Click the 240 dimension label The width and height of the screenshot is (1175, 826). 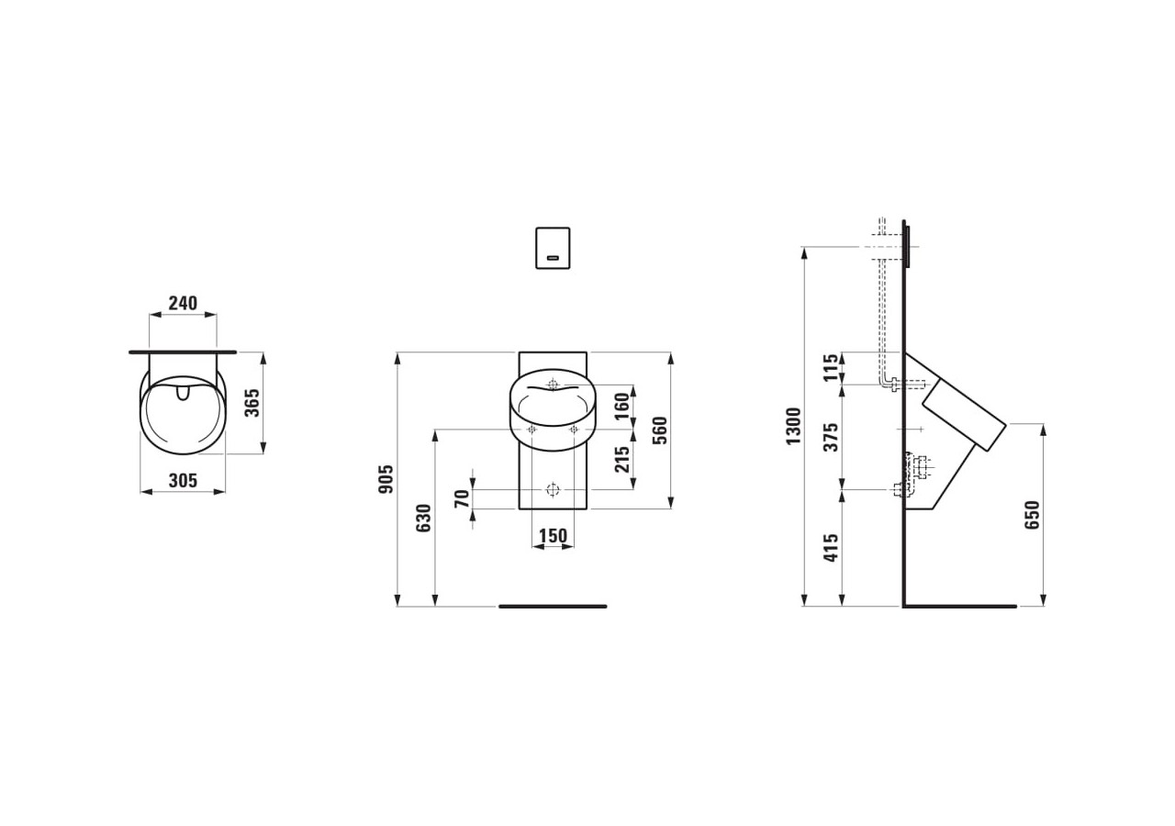coord(183,304)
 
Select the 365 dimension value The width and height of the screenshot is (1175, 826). coord(252,403)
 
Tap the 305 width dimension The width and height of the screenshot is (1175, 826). coord(183,481)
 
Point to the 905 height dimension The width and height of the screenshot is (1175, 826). coord(386,478)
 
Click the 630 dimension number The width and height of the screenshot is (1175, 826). coord(423,519)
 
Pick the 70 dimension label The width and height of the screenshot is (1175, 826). coord(462,498)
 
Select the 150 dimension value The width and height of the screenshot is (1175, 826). coord(553,535)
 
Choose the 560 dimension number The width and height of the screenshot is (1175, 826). coord(659,430)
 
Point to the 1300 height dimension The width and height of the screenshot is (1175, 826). coord(794,426)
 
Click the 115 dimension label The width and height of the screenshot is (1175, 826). coord(831,368)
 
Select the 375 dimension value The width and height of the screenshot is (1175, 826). coord(831,438)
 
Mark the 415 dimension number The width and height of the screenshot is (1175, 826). coord(831,548)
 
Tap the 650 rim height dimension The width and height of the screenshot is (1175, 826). coord(1032,515)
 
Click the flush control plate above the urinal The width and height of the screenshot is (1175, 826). coord(553,248)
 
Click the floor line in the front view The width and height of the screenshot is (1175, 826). coord(553,606)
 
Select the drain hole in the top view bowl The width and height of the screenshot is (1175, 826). coord(182,393)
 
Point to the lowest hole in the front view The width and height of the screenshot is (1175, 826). coord(553,489)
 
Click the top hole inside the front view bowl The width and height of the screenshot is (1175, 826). coord(553,384)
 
